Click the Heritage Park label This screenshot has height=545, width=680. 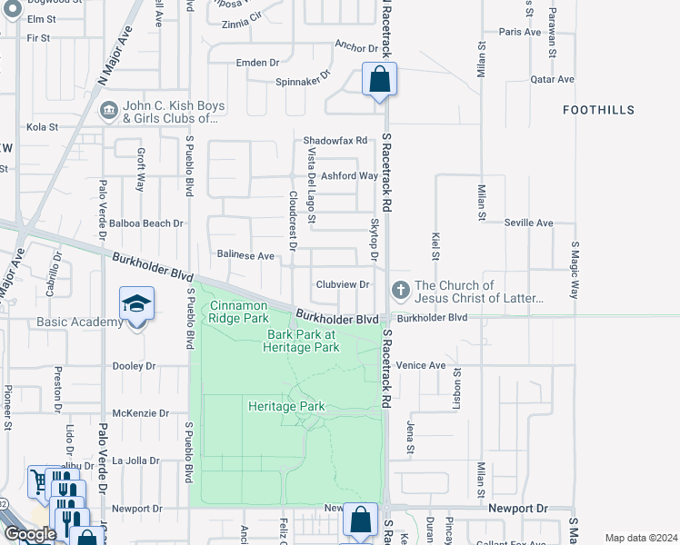pyautogui.click(x=286, y=406)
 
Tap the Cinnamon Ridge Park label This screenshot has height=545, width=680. pyautogui.click(x=239, y=312)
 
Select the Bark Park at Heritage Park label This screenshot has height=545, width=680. pyautogui.click(x=303, y=341)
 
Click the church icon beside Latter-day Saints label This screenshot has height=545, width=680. pyautogui.click(x=399, y=291)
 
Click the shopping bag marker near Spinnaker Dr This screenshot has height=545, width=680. pyautogui.click(x=379, y=80)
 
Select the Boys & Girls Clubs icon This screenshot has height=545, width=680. pyautogui.click(x=108, y=111)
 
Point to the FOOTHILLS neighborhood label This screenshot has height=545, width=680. pyautogui.click(x=597, y=110)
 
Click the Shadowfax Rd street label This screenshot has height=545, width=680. pyautogui.click(x=335, y=141)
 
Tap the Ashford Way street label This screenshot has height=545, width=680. pyautogui.click(x=355, y=176)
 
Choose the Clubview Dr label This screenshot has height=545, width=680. pyautogui.click(x=342, y=284)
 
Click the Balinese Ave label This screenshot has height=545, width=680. pyautogui.click(x=245, y=256)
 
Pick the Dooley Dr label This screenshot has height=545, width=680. pyautogui.click(x=134, y=366)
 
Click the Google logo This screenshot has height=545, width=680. pyautogui.click(x=30, y=534)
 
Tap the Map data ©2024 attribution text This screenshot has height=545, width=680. pyautogui.click(x=642, y=538)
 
